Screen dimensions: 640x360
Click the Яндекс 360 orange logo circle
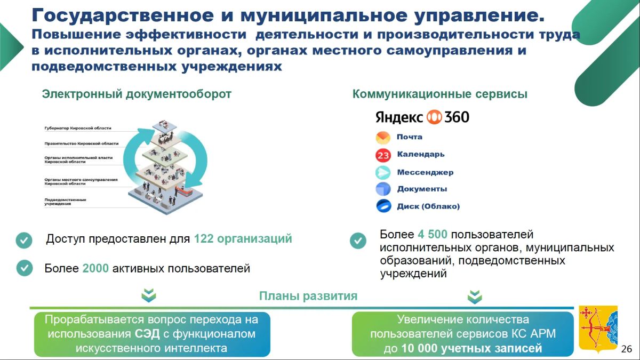click(x=434, y=117)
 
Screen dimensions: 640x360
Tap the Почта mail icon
click(x=383, y=138)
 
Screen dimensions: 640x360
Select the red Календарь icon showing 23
click(x=383, y=155)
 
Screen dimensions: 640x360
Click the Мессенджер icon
click(x=383, y=173)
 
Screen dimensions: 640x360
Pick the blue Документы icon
click(x=383, y=189)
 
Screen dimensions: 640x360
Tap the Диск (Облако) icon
click(x=383, y=206)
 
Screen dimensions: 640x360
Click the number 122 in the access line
click(x=204, y=238)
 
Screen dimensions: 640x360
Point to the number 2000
click(x=95, y=268)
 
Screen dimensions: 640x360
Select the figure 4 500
click(x=433, y=234)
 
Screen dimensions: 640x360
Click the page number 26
click(x=626, y=349)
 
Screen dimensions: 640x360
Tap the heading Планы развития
click(x=308, y=296)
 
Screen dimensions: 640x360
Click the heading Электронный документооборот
click(x=137, y=94)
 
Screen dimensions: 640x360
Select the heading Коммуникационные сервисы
click(x=439, y=94)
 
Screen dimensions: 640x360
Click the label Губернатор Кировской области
click(x=78, y=128)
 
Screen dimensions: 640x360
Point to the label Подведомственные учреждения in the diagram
click(x=65, y=202)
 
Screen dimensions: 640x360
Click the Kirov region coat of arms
click(x=598, y=329)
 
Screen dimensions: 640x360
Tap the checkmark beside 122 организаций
click(x=24, y=240)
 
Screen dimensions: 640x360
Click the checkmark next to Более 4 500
click(x=358, y=241)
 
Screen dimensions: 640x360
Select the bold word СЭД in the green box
click(x=147, y=334)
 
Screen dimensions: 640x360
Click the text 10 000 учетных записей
click(x=471, y=348)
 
